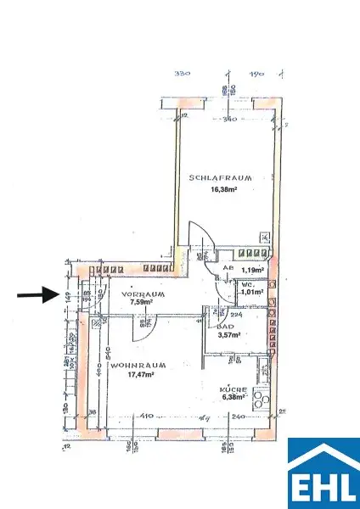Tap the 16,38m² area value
click(x=213, y=191)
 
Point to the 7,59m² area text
click(x=122, y=301)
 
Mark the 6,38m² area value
click(x=233, y=396)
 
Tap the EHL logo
click(x=323, y=473)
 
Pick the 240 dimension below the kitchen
click(x=238, y=417)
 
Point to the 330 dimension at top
click(x=180, y=75)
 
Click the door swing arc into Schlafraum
click(x=199, y=238)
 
